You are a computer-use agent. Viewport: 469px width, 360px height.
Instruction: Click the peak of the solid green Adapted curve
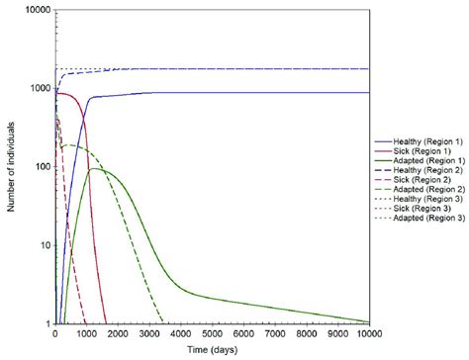(x=96, y=169)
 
